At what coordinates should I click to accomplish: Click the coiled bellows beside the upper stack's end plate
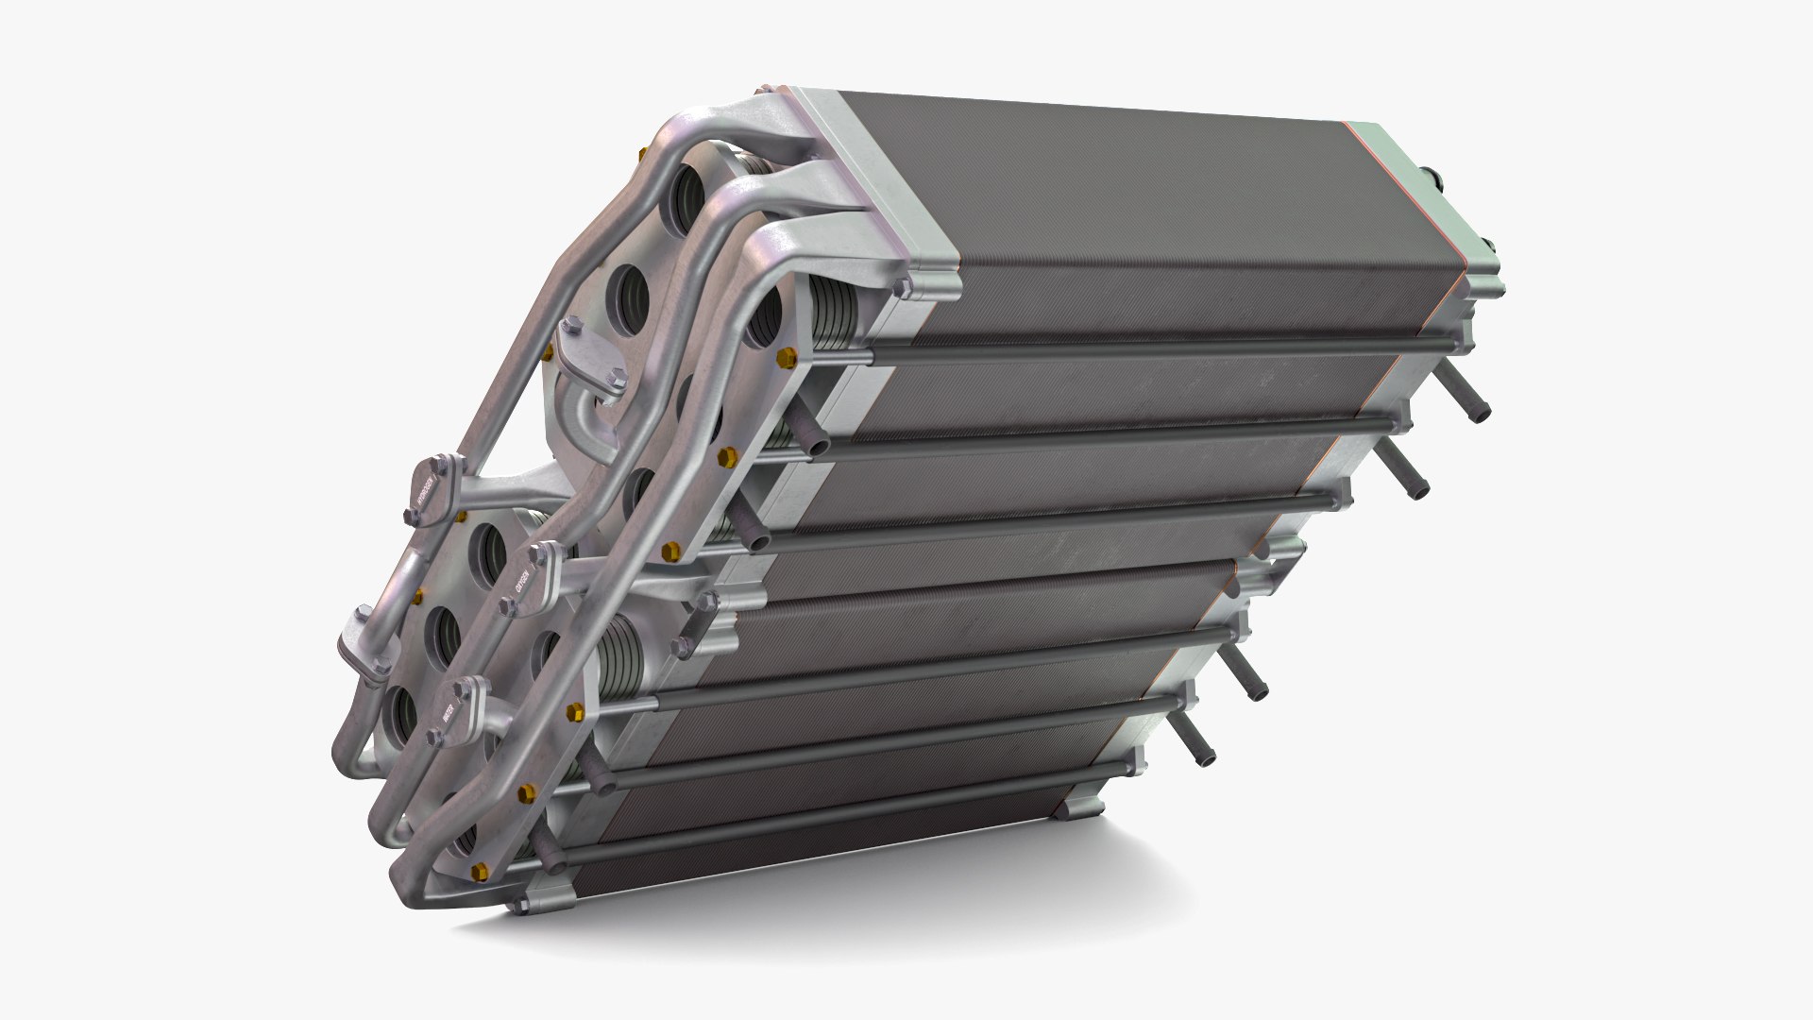[x=831, y=320]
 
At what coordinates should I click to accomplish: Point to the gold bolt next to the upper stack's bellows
[x=788, y=357]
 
